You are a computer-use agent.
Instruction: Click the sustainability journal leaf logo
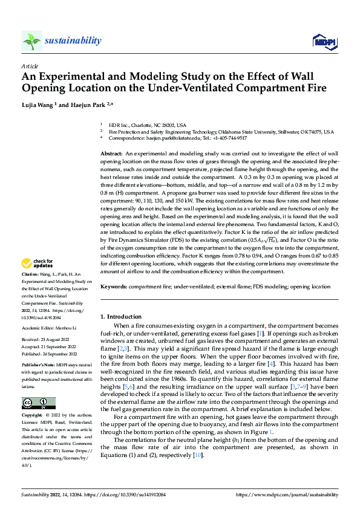tap(32, 41)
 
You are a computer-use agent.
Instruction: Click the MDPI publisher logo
tap(324, 41)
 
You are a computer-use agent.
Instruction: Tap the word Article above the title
tap(30, 66)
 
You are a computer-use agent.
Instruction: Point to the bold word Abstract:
tap(111, 155)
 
